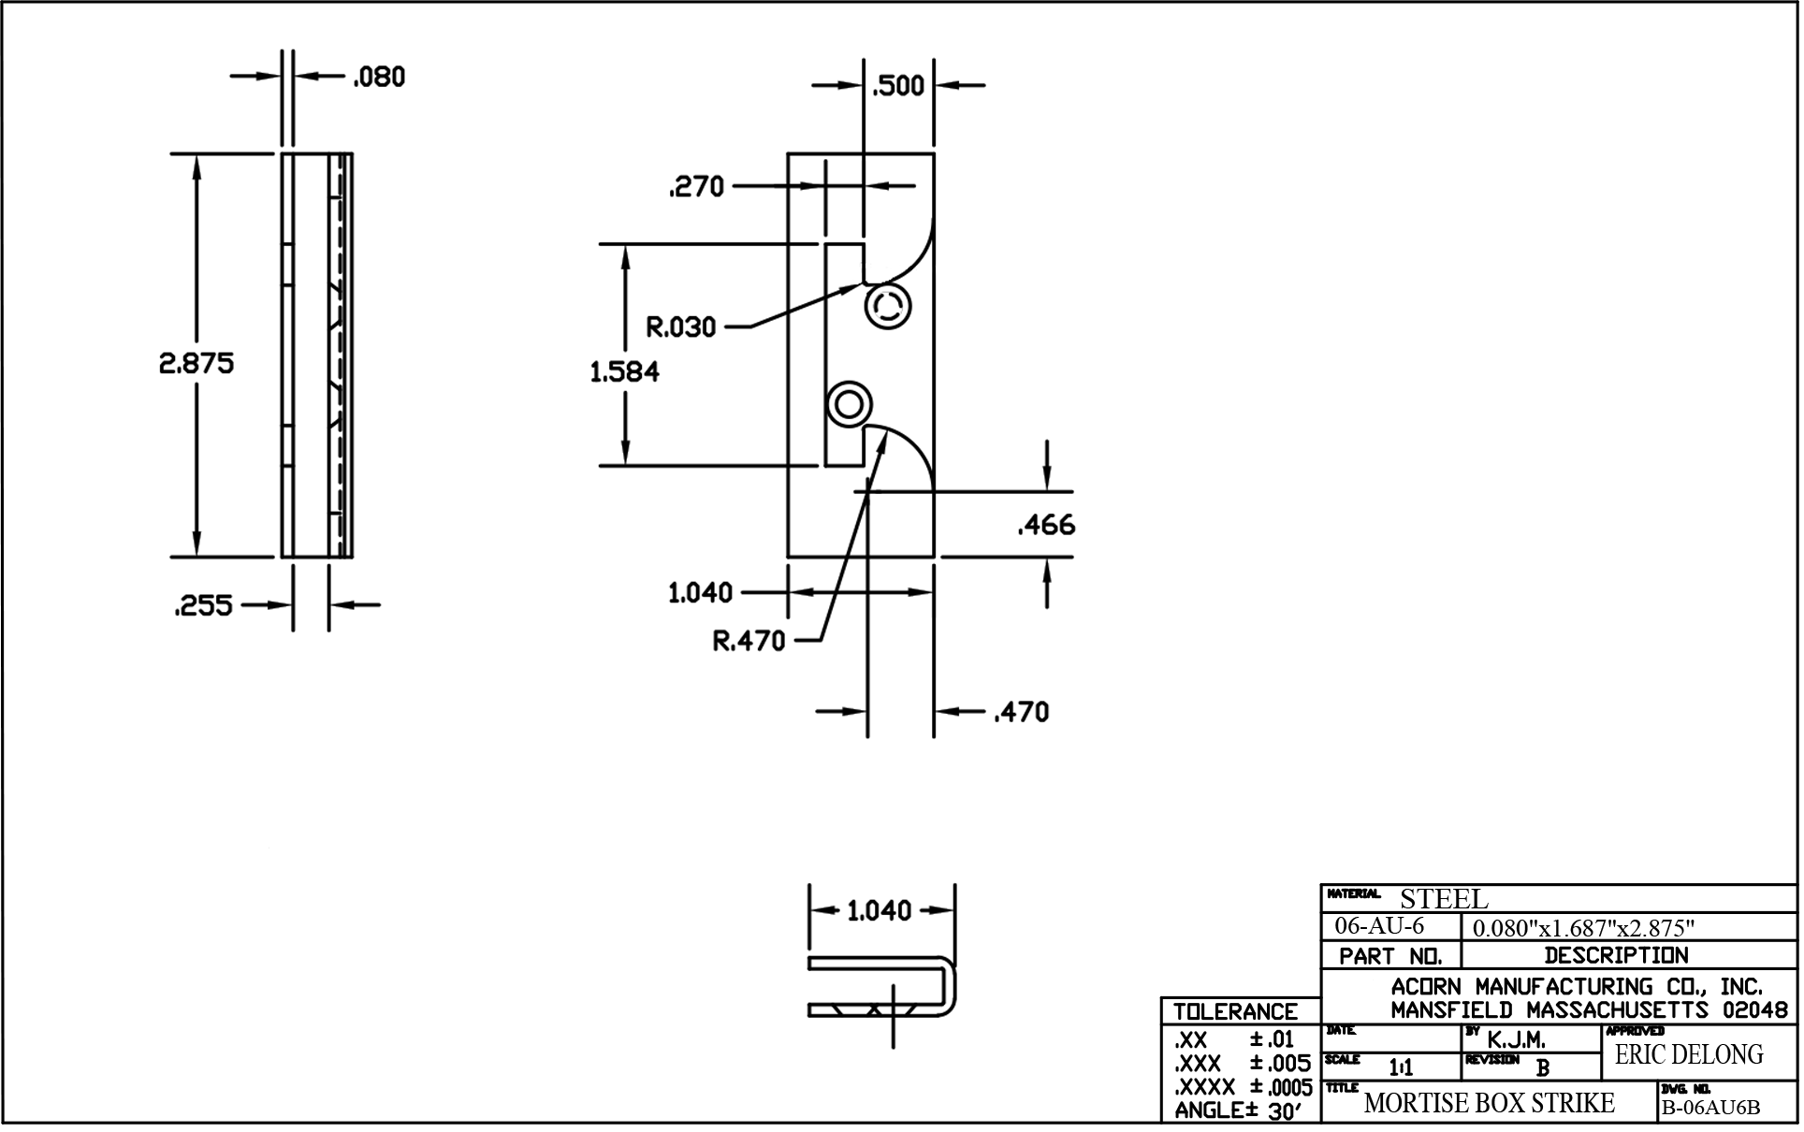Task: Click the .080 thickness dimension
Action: pos(379,77)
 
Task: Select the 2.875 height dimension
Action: pos(196,363)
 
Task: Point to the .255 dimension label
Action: pos(203,606)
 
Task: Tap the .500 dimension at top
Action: pos(898,86)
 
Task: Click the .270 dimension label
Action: pos(696,187)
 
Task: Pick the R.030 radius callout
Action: pos(681,327)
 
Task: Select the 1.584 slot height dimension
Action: pos(624,371)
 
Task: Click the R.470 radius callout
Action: pos(749,642)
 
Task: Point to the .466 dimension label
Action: pos(1046,525)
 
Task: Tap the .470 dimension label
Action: pos(1021,713)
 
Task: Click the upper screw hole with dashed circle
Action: pos(887,306)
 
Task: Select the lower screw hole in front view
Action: pos(849,405)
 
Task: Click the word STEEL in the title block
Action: pos(1443,899)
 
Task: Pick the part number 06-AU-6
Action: pos(1379,926)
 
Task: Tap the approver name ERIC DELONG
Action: pos(1688,1054)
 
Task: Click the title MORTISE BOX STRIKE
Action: pos(1489,1103)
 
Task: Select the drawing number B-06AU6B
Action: pos(1709,1108)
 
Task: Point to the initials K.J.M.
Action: pos(1516,1039)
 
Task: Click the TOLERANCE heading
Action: pos(1235,1011)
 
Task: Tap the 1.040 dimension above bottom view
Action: pos(879,910)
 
